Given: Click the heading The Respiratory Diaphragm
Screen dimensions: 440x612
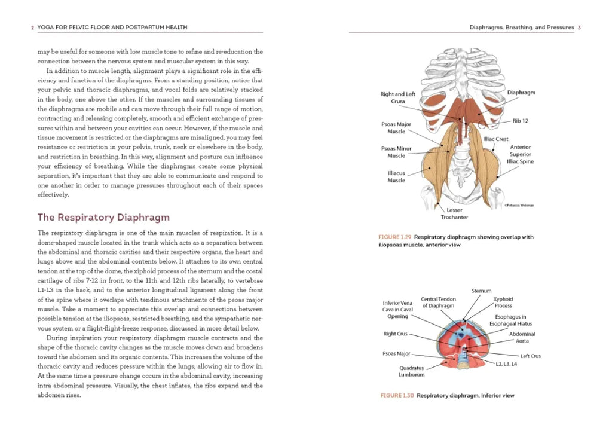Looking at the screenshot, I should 103,217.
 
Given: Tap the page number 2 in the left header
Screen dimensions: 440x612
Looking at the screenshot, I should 32,27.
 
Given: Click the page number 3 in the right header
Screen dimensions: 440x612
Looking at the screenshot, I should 580,27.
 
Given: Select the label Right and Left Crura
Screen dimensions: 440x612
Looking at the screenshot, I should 398,98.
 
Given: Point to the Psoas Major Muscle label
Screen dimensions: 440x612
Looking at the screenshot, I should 396,128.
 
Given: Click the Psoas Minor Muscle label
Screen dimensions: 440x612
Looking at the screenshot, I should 396,152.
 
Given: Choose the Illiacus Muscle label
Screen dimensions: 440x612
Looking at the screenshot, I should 396,176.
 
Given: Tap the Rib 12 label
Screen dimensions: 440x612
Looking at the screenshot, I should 520,121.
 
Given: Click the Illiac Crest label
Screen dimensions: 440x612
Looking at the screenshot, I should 496,139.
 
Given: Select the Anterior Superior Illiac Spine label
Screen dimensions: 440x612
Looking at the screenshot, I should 521,154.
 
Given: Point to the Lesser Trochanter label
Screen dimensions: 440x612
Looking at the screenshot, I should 454,213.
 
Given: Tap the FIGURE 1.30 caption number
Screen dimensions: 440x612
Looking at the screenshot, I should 397,395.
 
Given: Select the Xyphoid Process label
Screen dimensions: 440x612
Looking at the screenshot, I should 503,302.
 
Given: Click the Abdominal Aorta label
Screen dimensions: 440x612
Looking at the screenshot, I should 522,337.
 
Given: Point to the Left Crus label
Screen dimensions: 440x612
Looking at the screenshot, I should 530,356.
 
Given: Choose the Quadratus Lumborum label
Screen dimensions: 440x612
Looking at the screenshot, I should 411,371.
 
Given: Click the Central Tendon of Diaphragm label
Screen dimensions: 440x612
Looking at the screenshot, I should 438,302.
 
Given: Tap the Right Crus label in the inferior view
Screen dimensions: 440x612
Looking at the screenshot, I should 395,334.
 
